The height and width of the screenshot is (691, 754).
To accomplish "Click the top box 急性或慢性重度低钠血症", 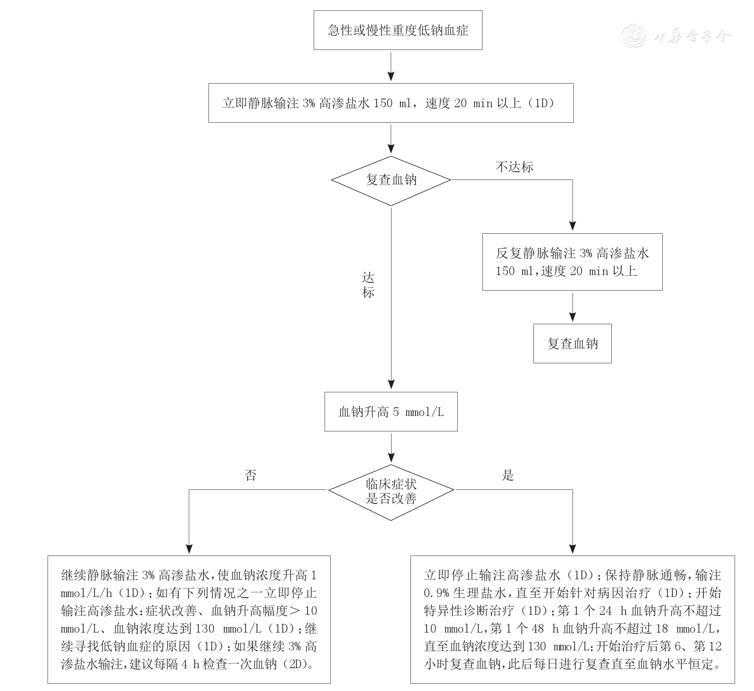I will click(x=398, y=30).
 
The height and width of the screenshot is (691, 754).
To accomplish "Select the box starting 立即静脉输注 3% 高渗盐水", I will click(x=391, y=103).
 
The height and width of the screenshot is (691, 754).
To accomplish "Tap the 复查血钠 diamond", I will click(x=391, y=180).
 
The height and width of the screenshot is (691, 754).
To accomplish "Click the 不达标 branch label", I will click(x=514, y=167).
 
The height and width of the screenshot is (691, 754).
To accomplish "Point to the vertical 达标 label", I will click(x=368, y=285).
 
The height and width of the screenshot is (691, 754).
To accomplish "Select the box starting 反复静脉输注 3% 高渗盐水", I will click(x=572, y=262).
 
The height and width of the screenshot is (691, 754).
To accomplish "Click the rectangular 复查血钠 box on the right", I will click(x=572, y=344).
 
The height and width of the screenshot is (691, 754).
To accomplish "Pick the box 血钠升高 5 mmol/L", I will click(x=391, y=412).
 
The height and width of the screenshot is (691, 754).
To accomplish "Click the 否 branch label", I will click(x=250, y=475).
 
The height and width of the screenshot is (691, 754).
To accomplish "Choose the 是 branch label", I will click(x=508, y=475).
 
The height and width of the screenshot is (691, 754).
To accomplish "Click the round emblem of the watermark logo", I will click(x=634, y=36).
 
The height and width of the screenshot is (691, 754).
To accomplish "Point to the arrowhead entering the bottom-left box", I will click(x=189, y=549).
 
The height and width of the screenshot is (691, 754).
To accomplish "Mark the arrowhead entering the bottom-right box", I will click(x=573, y=549).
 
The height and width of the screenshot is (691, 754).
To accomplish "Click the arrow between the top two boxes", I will click(x=391, y=67).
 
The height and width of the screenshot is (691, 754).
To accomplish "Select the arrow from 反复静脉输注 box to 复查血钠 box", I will click(x=573, y=307).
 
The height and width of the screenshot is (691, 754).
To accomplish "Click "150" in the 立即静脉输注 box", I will click(x=383, y=103).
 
